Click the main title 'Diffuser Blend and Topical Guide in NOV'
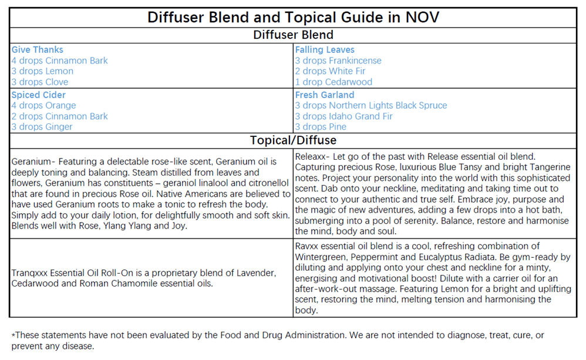pyautogui.click(x=293, y=17)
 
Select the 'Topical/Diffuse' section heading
pyautogui.click(x=293, y=140)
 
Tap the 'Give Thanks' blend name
pyautogui.click(x=38, y=50)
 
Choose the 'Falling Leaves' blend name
pyautogui.click(x=325, y=50)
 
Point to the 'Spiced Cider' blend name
pyautogui.click(x=39, y=95)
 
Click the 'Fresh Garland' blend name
pyautogui.click(x=325, y=95)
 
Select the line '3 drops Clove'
pyautogui.click(x=40, y=82)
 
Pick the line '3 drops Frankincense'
pyautogui.click(x=338, y=60)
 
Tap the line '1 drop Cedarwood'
pyautogui.click(x=334, y=82)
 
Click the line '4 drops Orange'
pyautogui.click(x=43, y=106)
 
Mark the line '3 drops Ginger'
pyautogui.click(x=42, y=127)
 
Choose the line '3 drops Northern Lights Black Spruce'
pyautogui.click(x=371, y=106)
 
